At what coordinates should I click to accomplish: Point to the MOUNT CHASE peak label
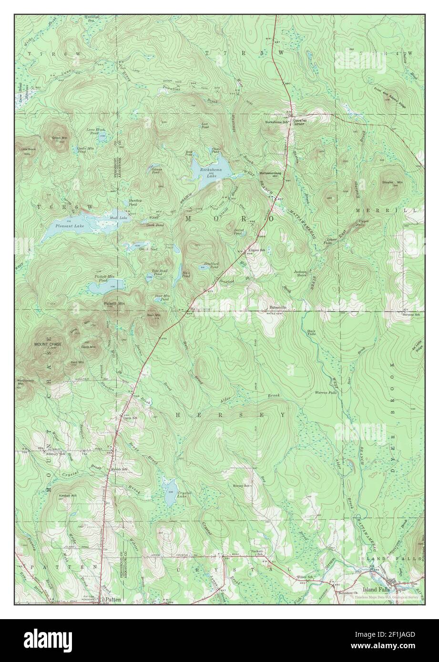pos(46,344)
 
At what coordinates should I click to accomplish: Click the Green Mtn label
pos(60,138)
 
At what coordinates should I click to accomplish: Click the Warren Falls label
pos(326,393)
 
